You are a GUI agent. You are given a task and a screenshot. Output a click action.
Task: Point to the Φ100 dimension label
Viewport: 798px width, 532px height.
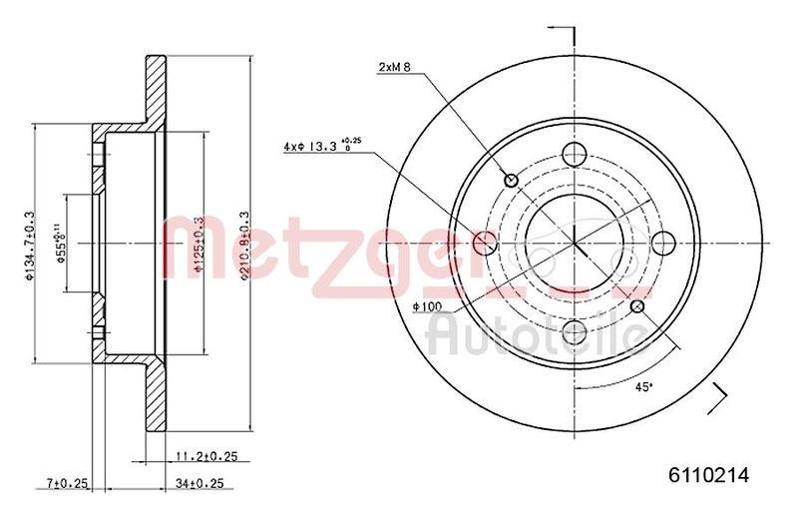click(425, 306)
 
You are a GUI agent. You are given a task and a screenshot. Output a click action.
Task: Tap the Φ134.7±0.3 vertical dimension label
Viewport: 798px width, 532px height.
click(31, 246)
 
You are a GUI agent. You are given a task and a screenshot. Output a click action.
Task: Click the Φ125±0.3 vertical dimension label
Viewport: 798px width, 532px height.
click(200, 246)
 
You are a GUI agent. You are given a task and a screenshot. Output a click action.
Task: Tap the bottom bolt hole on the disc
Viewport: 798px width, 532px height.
click(575, 331)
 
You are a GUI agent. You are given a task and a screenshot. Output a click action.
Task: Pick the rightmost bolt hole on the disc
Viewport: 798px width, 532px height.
click(663, 243)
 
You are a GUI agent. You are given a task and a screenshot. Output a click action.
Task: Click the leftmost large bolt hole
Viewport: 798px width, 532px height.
click(485, 243)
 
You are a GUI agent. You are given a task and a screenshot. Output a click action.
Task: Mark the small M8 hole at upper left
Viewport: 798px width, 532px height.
click(512, 180)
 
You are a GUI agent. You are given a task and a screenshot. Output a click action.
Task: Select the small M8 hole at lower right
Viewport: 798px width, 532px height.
click(637, 305)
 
